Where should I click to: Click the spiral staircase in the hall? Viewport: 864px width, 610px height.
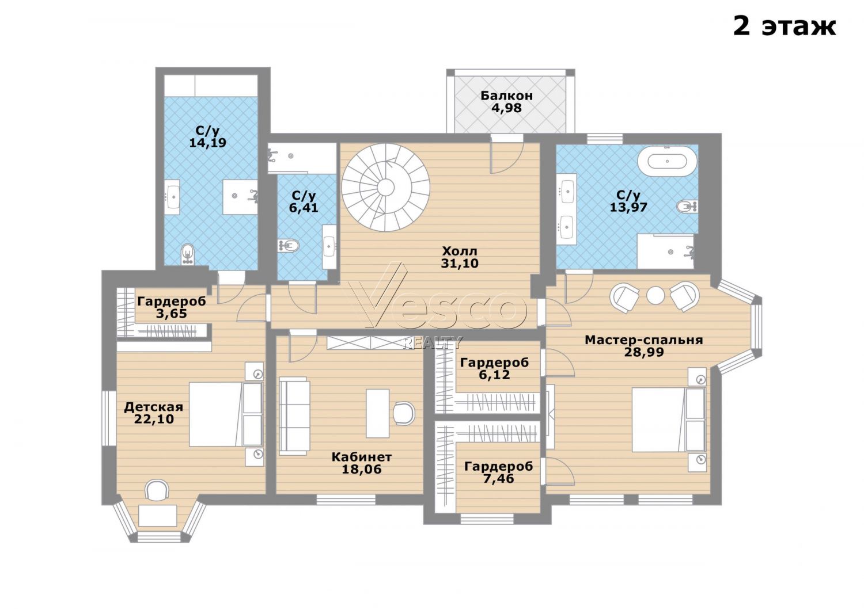pos(385,187)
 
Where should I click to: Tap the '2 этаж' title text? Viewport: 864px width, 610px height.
pos(784,26)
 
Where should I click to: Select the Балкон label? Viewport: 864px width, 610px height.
pos(506,95)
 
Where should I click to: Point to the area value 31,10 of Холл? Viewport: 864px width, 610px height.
pos(460,263)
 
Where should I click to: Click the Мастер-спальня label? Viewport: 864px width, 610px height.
pos(644,340)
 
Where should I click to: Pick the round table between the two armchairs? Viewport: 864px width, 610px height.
pos(655,295)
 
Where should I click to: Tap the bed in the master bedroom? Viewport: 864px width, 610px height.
pos(669,420)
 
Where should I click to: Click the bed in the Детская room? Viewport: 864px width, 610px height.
pos(226,414)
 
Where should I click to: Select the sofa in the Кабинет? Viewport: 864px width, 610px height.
pos(295,416)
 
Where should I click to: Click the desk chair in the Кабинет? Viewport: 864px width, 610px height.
pos(404,413)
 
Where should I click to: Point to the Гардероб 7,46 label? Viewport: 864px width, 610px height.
pos(498,472)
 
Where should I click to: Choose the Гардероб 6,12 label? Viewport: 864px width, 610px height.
pos(494,368)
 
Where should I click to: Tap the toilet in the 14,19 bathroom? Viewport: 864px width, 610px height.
pos(188,254)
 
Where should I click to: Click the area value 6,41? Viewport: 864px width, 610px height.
pos(304,208)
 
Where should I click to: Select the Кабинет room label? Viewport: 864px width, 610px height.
pos(361,456)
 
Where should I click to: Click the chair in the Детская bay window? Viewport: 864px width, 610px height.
pos(157,490)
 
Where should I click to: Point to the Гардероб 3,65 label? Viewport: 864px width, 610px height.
pos(172,307)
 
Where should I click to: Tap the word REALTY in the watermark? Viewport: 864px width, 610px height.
pos(432,342)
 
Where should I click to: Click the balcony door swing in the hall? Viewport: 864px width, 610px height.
pos(505,158)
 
